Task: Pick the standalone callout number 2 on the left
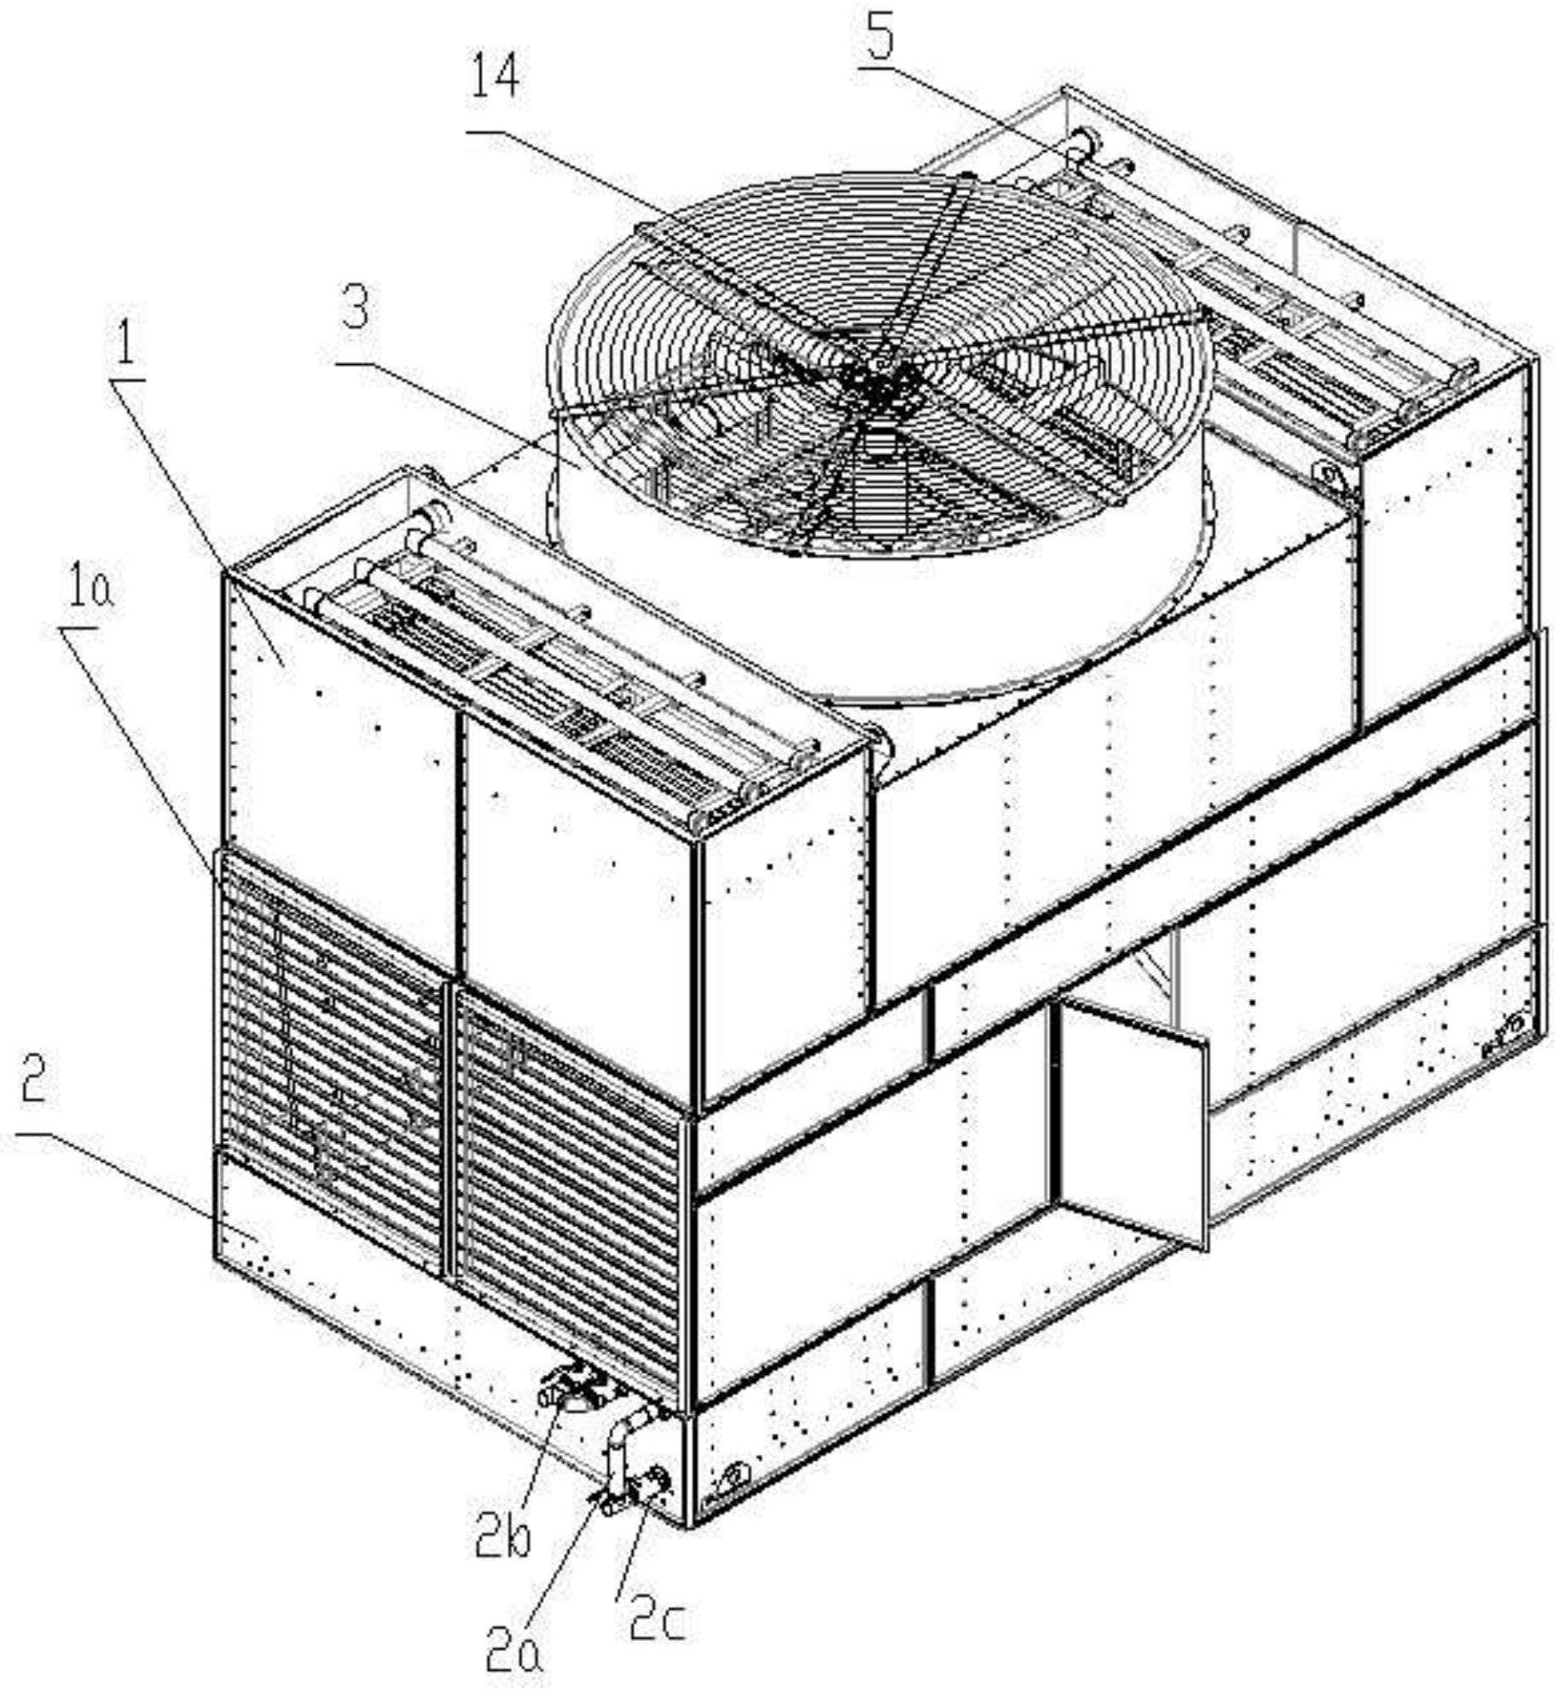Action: click(x=32, y=1082)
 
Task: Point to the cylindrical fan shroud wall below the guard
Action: click(x=682, y=597)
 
